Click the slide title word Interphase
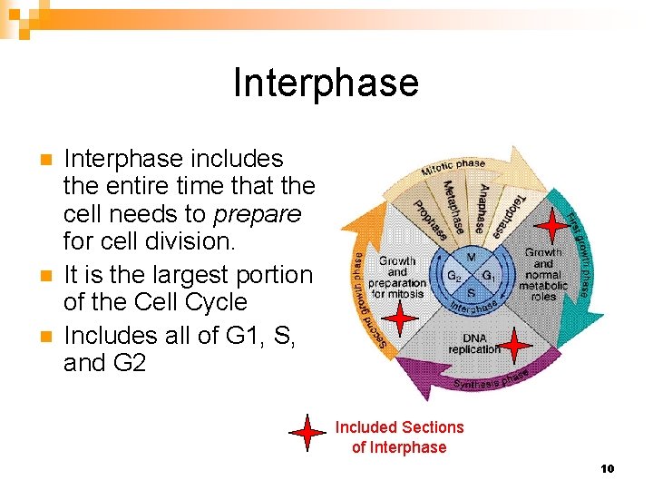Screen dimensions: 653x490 click(x=326, y=83)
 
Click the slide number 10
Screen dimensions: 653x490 click(x=607, y=468)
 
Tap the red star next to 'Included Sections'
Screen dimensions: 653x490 click(x=308, y=435)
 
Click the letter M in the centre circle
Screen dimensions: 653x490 click(x=472, y=258)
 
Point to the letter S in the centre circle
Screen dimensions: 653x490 click(x=472, y=292)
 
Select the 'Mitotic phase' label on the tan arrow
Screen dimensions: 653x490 click(x=453, y=169)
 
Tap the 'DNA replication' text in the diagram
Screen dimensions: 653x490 click(x=473, y=344)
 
